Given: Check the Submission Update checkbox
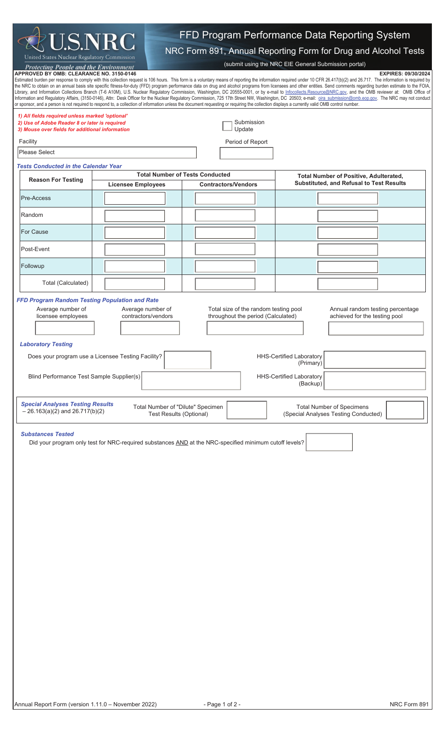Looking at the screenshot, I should (227, 126).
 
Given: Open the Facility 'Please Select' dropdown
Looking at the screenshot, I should (107, 152).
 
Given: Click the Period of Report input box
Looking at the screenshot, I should (246, 153).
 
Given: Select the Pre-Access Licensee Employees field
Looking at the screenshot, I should (135, 199).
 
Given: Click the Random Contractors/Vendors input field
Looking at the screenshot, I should (225, 215).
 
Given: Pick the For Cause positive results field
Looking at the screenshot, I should (348, 233).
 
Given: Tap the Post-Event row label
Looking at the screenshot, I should (36, 249).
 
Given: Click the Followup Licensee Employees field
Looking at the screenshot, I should (135, 267).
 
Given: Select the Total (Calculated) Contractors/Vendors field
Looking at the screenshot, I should (225, 284).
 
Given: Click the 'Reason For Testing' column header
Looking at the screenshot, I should (56, 180).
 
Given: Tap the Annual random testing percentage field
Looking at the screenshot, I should (376, 328).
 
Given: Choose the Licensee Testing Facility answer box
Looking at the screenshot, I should (188, 360).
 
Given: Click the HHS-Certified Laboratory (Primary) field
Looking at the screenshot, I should (375, 360).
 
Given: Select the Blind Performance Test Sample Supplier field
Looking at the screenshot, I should (191, 381).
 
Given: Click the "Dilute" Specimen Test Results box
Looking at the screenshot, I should (247, 410).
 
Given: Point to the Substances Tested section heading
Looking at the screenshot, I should (47, 434).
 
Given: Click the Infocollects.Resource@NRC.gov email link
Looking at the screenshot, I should (316, 92).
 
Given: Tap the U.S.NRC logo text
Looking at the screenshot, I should (92, 42).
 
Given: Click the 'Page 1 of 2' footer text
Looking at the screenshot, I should (222, 704).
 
